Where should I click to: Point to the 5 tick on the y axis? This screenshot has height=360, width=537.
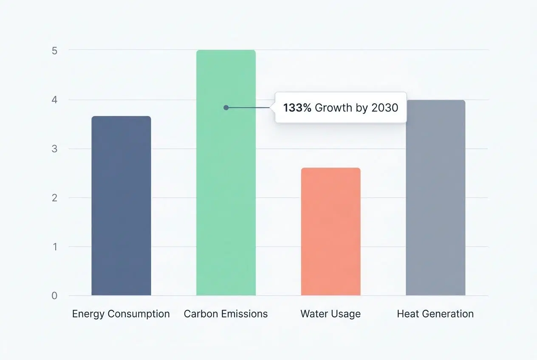tap(54, 51)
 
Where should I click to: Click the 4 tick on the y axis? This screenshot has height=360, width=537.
tap(54, 100)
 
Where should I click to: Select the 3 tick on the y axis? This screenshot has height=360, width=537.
tap(54, 149)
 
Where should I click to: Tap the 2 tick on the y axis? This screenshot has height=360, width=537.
tap(54, 198)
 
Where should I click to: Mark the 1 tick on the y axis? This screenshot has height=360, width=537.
tap(54, 247)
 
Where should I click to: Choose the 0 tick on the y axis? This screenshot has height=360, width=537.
tap(54, 296)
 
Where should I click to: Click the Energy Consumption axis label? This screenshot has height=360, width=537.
tap(121, 314)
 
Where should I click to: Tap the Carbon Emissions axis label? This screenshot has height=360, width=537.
tap(226, 314)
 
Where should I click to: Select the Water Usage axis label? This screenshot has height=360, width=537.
tap(331, 314)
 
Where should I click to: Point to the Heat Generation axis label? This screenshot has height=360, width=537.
tap(435, 314)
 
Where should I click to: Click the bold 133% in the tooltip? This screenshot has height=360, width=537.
tap(297, 108)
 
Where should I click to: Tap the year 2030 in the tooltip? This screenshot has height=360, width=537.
tap(384, 108)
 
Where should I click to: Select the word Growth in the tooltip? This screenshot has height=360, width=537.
tap(334, 108)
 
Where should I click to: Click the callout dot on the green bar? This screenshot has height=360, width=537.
tap(226, 108)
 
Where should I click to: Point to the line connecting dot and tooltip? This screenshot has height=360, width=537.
tap(251, 108)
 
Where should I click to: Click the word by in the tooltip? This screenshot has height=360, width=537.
tap(362, 108)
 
